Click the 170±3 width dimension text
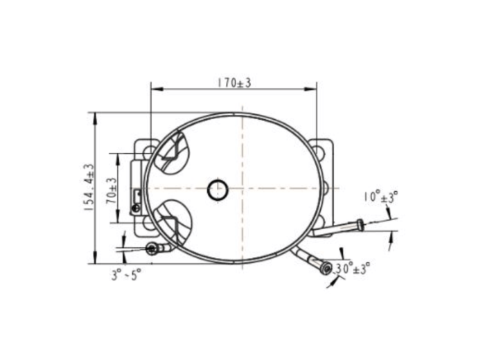[234, 83]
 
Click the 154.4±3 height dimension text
[89, 187]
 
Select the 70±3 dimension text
[112, 190]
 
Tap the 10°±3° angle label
[380, 197]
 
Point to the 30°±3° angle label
[352, 268]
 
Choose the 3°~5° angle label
[127, 274]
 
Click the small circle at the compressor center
[218, 190]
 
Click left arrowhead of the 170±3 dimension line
[157, 89]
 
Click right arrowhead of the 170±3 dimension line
[310, 89]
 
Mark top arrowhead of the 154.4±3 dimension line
[95, 118]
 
